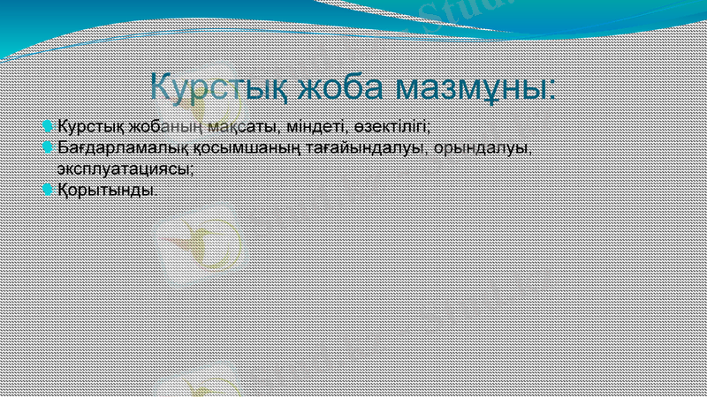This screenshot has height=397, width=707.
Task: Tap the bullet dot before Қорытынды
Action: [48, 189]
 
